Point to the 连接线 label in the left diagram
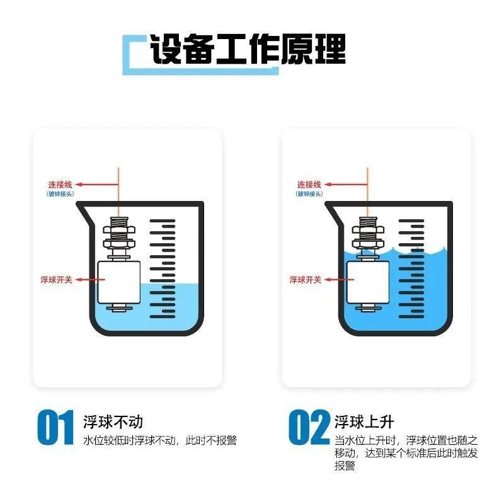[61, 185]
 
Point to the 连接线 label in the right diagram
[309, 185]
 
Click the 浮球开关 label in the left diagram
[56, 279]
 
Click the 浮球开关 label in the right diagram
[306, 279]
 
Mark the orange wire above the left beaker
[118, 189]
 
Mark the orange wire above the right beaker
[367, 189]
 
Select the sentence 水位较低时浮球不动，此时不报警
[160, 441]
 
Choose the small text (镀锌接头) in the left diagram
[61, 194]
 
